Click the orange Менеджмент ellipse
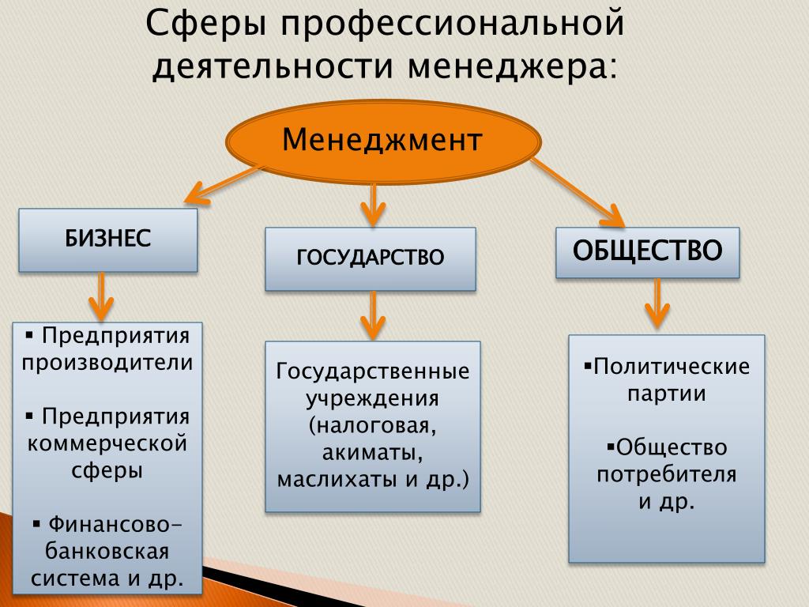click(x=383, y=141)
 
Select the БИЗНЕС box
click(x=107, y=240)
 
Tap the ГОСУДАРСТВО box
click(x=371, y=258)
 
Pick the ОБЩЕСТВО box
click(x=648, y=252)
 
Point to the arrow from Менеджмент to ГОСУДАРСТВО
click(x=373, y=205)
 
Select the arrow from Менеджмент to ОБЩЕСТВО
click(x=578, y=193)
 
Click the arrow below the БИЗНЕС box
click(x=102, y=296)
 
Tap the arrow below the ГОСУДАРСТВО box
click(x=373, y=315)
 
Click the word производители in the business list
click(x=107, y=363)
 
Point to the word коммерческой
click(x=107, y=443)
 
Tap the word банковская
click(x=107, y=551)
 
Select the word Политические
click(x=672, y=367)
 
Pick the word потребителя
click(x=667, y=475)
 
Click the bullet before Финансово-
click(x=36, y=525)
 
